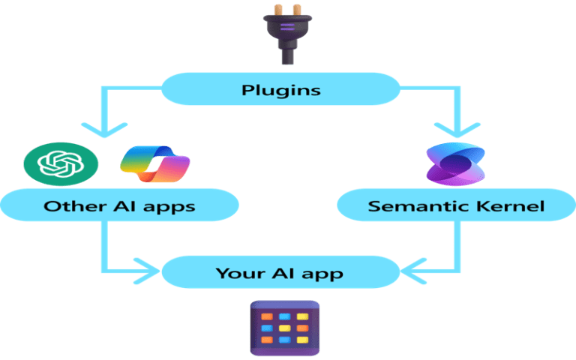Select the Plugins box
click(281, 90)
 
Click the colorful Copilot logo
click(155, 164)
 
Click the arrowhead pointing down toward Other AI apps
click(102, 130)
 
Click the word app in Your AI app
click(324, 274)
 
